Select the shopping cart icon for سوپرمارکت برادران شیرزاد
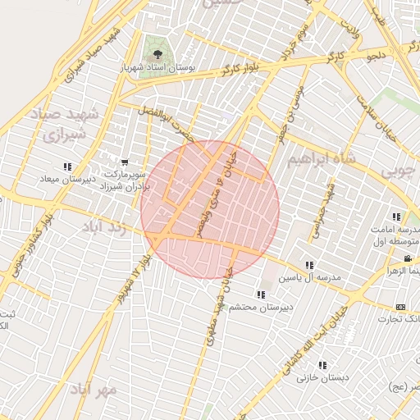(124, 162)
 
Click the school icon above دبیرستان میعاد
(67, 167)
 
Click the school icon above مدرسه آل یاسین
(309, 266)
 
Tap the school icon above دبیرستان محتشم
(261, 294)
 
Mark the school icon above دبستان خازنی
(322, 365)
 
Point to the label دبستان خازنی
(322, 377)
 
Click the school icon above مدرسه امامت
(397, 217)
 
